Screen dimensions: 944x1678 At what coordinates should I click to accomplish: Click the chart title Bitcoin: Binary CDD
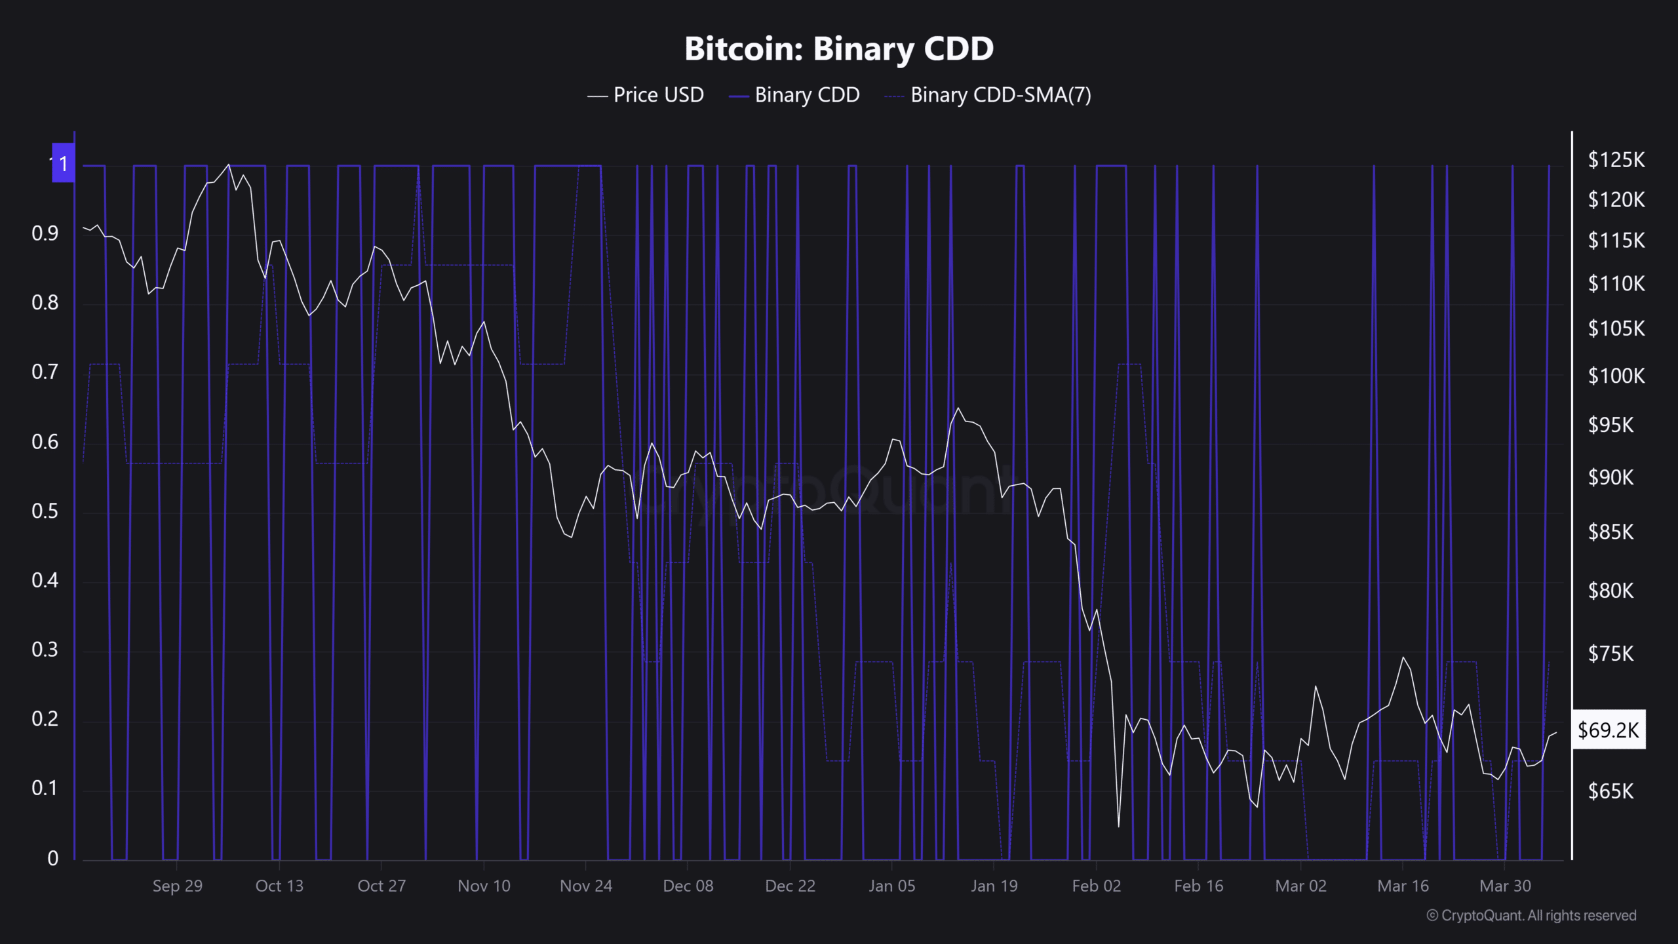tap(839, 49)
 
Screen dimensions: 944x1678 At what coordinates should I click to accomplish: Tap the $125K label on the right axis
tap(1616, 159)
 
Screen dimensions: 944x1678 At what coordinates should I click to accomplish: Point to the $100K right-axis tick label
tap(1616, 376)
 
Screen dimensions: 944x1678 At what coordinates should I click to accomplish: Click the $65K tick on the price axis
tap(1610, 791)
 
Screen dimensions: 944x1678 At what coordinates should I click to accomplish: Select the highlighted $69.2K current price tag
tap(1609, 730)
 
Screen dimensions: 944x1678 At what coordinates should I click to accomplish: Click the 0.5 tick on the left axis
tap(45, 511)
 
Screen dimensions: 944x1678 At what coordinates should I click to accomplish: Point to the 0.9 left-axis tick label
tap(45, 233)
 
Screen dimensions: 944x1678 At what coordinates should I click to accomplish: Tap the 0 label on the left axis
tap(52, 858)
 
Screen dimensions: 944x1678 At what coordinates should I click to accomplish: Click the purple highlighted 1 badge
tap(63, 163)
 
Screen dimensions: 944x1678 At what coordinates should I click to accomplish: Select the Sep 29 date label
tap(177, 886)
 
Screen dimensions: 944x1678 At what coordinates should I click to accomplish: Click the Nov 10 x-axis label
tap(484, 886)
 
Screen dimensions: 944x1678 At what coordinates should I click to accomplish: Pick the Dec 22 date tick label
tap(790, 886)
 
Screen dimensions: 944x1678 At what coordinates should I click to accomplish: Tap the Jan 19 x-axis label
tap(994, 886)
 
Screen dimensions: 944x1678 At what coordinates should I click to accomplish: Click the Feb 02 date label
tap(1096, 886)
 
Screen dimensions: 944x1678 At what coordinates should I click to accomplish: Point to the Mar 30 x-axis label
tap(1505, 886)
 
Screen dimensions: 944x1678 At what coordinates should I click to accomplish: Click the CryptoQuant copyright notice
tap(1531, 916)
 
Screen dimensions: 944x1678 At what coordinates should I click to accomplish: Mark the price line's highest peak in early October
tap(228, 165)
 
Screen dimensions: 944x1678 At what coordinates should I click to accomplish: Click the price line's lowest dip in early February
tap(1118, 827)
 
